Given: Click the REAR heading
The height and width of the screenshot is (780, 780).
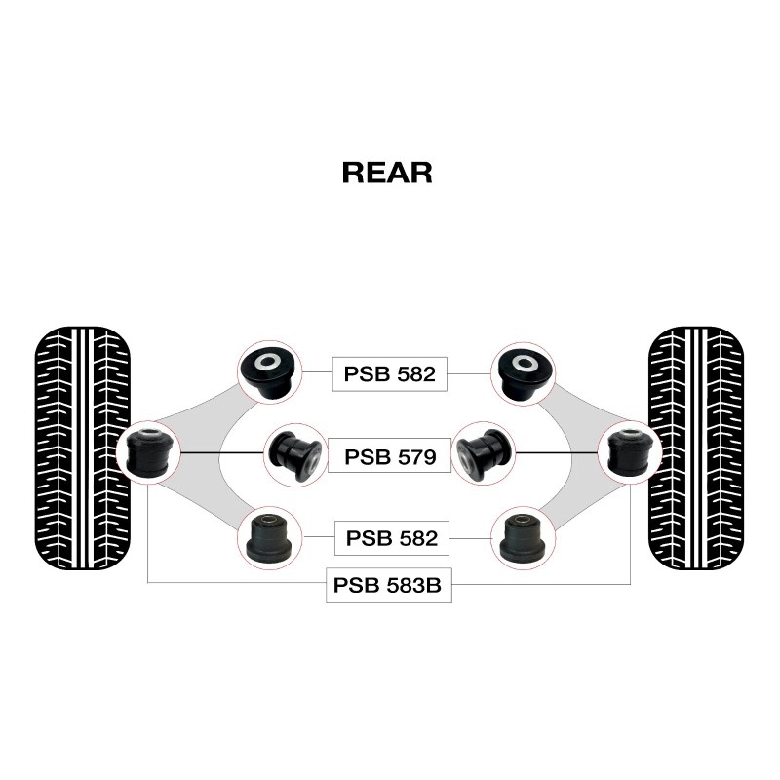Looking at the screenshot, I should point(387,173).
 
